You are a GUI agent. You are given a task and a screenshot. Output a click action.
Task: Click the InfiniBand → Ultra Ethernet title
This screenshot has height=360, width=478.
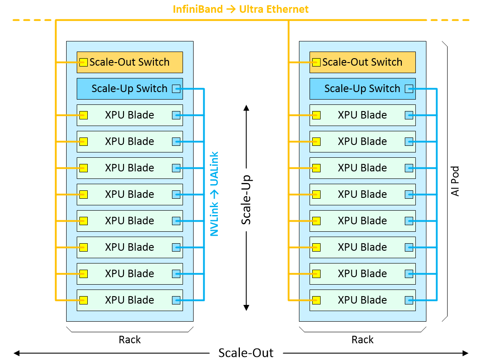[241, 9]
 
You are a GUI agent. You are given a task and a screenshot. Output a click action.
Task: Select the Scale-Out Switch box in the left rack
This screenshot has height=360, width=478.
[130, 62]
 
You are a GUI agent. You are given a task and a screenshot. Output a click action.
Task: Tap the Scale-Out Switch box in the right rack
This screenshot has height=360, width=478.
[362, 62]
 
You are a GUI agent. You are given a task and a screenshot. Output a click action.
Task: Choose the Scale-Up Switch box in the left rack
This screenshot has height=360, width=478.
[130, 89]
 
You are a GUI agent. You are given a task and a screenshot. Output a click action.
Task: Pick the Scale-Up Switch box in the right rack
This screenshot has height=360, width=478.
[362, 89]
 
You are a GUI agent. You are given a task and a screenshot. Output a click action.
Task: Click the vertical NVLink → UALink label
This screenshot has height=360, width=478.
[215, 194]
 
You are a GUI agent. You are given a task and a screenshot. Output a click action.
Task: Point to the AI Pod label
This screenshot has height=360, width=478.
[455, 181]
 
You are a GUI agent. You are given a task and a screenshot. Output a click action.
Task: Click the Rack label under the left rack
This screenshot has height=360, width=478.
[130, 340]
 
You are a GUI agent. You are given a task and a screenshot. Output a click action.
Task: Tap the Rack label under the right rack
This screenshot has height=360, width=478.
[362, 340]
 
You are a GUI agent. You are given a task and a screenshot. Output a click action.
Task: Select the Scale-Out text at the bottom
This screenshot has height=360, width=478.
[246, 353]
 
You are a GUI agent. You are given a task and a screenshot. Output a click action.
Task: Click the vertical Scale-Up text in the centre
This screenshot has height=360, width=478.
[246, 200]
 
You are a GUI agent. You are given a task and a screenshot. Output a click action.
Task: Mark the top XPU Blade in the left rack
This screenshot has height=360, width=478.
[130, 115]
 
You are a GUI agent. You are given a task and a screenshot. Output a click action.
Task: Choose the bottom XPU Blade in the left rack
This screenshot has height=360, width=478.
[130, 300]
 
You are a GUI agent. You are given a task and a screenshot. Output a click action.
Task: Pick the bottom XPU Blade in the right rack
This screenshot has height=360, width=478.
[362, 300]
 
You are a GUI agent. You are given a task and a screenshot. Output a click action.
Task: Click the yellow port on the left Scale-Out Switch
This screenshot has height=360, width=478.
[83, 62]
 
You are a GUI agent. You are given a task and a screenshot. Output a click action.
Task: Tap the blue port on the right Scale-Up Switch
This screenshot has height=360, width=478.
[409, 89]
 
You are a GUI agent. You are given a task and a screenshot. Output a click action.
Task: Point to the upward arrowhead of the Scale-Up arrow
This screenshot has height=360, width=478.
[246, 108]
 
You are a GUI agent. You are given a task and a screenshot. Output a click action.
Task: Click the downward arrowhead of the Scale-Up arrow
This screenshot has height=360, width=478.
[246, 308]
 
